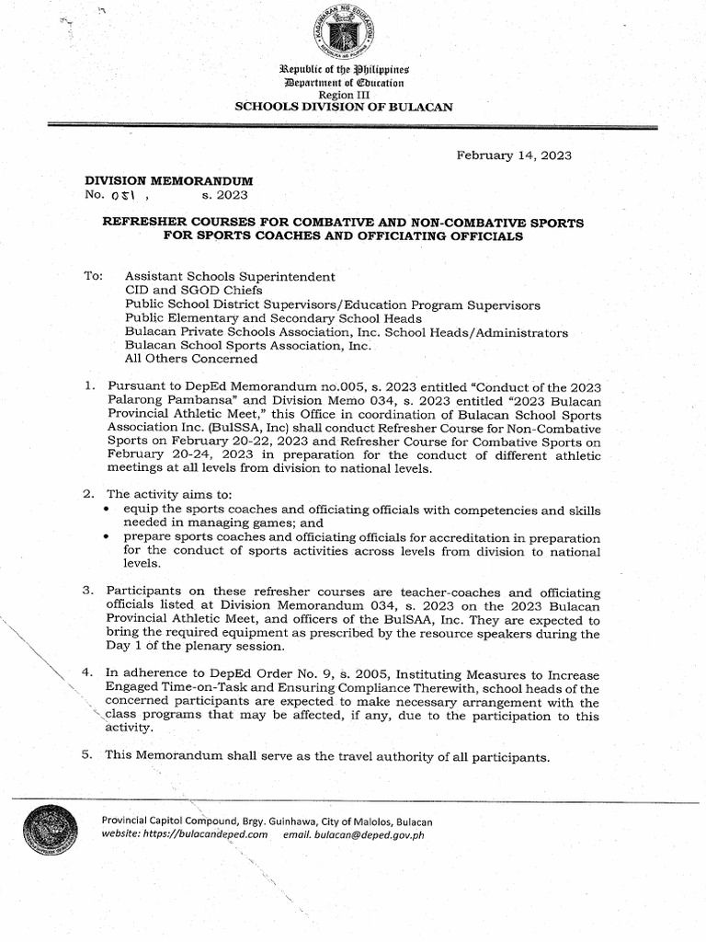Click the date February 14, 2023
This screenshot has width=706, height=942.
pos(514,155)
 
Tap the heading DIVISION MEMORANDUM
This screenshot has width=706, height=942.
pos(169,180)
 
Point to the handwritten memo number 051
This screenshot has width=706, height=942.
pos(123,196)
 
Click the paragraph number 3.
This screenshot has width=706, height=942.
pos(87,592)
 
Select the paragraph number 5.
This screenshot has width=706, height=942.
pos(87,757)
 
